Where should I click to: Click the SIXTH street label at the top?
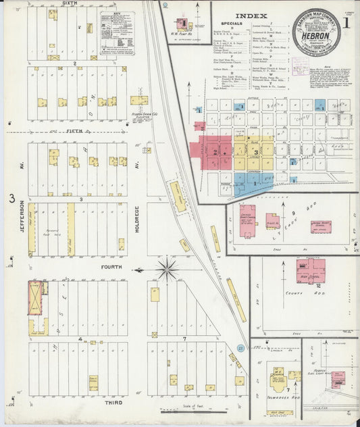(70, 3)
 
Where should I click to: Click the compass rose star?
(166, 270)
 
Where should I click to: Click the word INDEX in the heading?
(253, 15)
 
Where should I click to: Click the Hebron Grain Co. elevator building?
(138, 100)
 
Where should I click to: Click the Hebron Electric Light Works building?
(337, 378)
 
